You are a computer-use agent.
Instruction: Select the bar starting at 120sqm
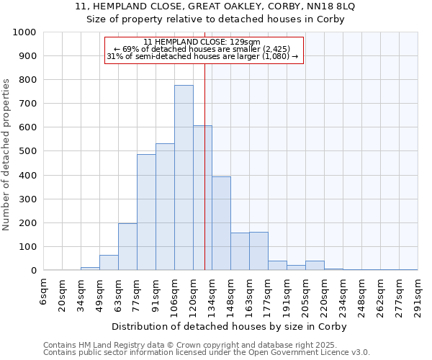coord(202,198)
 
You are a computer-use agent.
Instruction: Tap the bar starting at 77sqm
coord(146,212)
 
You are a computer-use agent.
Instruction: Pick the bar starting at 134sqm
coord(221,223)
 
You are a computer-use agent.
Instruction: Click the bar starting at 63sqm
coord(127,247)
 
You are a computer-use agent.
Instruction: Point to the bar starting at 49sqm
coord(109,263)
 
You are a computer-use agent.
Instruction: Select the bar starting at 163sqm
coord(258,251)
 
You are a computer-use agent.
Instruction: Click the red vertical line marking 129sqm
coord(205,180)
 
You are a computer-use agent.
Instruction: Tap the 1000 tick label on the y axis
coord(24,32)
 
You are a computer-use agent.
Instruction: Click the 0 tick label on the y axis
coord(34,271)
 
